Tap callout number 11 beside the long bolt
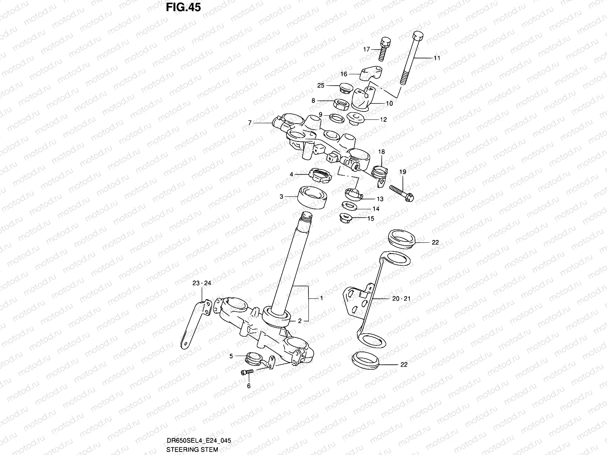coord(437,58)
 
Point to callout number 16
coord(343,74)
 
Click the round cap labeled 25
coord(346,87)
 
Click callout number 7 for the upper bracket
coord(250,123)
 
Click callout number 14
coord(376,209)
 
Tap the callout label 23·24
coord(201,283)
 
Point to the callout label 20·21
coord(401,299)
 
